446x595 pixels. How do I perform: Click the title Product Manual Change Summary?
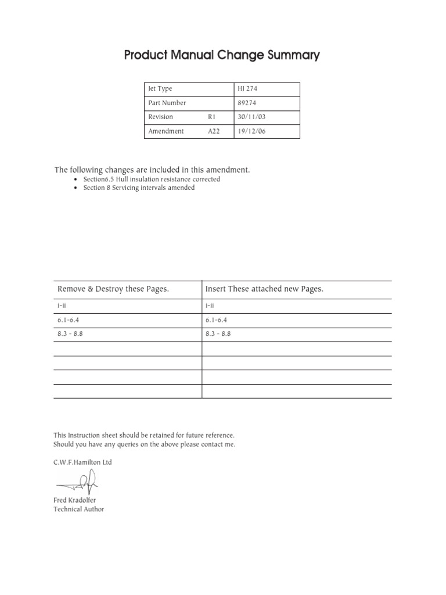coord(222,56)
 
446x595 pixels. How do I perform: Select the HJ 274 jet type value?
coord(247,89)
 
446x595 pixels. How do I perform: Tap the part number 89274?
coord(247,103)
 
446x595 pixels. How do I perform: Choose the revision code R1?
coord(211,117)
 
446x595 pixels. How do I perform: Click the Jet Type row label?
coord(160,89)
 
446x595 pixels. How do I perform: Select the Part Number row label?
coord(167,103)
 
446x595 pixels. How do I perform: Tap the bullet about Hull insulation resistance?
coord(151,180)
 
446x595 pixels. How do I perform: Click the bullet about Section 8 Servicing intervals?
coord(139,188)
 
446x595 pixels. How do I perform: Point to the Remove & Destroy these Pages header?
coord(113,289)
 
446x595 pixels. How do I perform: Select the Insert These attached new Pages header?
coord(264,289)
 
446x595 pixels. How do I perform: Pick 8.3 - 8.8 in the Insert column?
coord(218,335)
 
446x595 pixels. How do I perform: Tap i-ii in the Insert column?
coord(210,306)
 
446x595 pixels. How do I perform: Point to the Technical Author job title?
coord(78,509)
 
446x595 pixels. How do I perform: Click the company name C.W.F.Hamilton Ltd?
coord(82,463)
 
